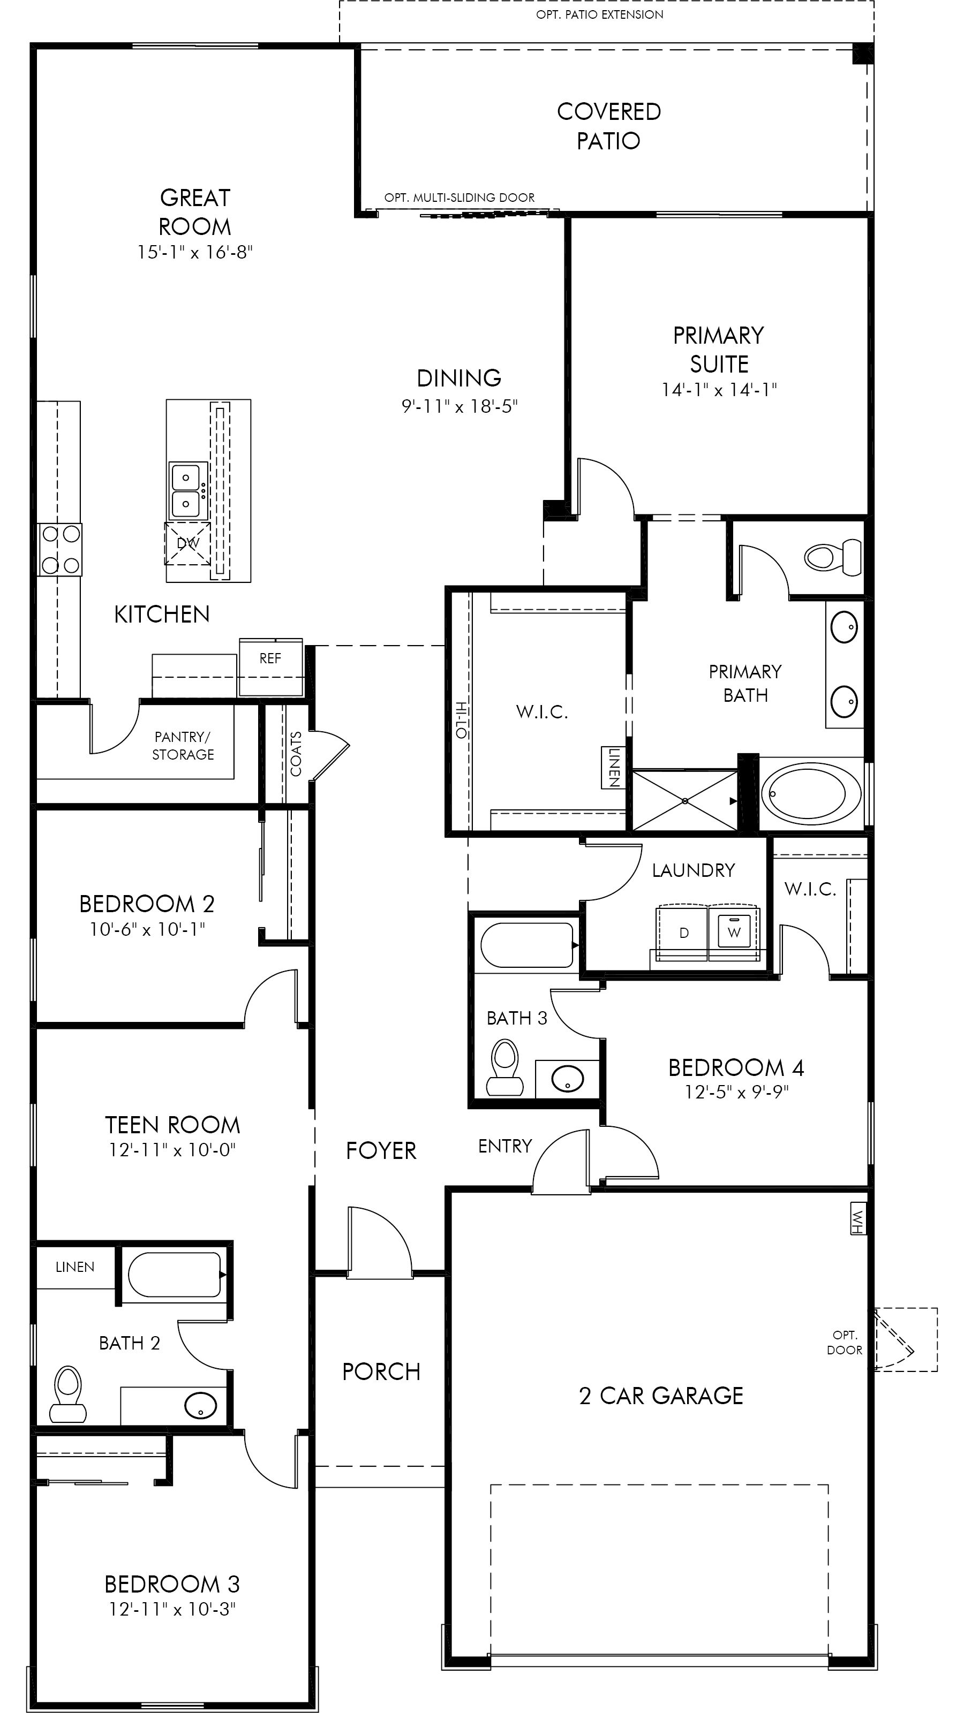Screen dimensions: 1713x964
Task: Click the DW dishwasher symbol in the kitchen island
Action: click(x=187, y=543)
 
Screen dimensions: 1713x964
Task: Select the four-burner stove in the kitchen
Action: click(x=60, y=549)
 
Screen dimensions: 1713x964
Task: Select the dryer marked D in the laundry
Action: click(x=683, y=933)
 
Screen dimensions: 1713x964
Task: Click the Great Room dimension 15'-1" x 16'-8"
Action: click(x=195, y=252)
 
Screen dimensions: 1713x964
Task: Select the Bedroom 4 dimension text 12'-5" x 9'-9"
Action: click(x=736, y=1092)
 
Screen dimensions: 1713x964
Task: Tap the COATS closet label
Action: click(x=296, y=753)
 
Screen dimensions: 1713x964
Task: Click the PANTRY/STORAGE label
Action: click(x=183, y=746)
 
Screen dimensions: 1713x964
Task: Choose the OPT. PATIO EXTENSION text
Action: click(x=599, y=14)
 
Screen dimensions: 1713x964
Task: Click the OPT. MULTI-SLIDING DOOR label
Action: click(x=459, y=198)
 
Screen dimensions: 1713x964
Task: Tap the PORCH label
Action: click(x=381, y=1371)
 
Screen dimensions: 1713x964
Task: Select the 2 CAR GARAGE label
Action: click(x=661, y=1395)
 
